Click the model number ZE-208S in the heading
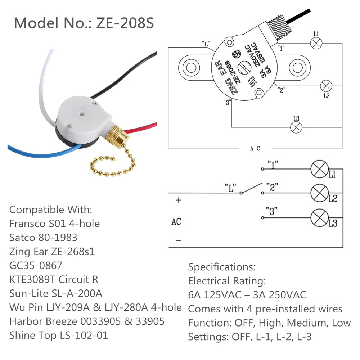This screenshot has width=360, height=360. pos(125,23)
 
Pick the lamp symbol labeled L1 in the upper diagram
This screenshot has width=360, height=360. pos(316,43)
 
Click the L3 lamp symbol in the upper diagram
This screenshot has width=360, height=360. pos(296,127)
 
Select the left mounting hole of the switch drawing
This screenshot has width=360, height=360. pos(189,67)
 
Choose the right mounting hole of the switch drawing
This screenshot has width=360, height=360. pos(297,67)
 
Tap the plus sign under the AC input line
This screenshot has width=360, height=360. pos(178,201)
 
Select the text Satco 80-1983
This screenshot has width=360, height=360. pos(43,238)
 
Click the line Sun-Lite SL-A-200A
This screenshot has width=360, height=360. pos(56,293)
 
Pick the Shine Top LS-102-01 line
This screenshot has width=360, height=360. pos(59,336)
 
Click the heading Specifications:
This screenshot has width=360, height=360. pos(222,267)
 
